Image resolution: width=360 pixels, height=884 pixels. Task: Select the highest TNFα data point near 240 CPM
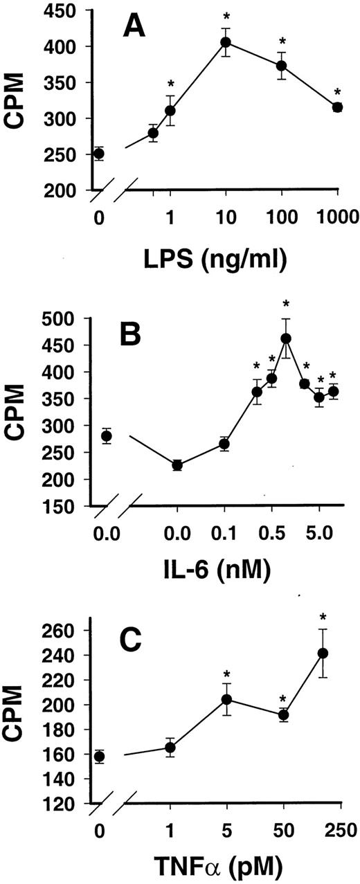pos(322,653)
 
